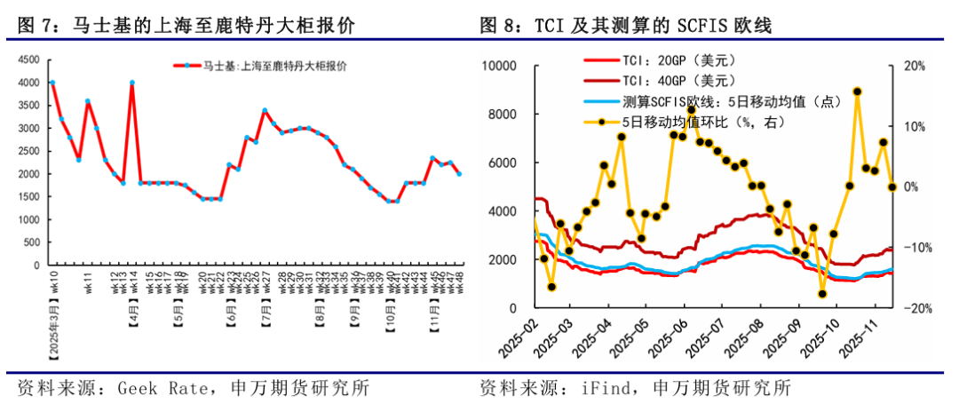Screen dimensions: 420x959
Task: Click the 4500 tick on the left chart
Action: tap(29, 59)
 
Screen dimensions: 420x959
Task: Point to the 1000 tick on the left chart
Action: tap(29, 219)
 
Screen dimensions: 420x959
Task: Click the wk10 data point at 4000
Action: tap(52, 83)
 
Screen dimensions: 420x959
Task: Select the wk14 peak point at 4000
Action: tap(132, 83)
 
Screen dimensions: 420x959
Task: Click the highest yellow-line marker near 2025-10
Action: tap(857, 91)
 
